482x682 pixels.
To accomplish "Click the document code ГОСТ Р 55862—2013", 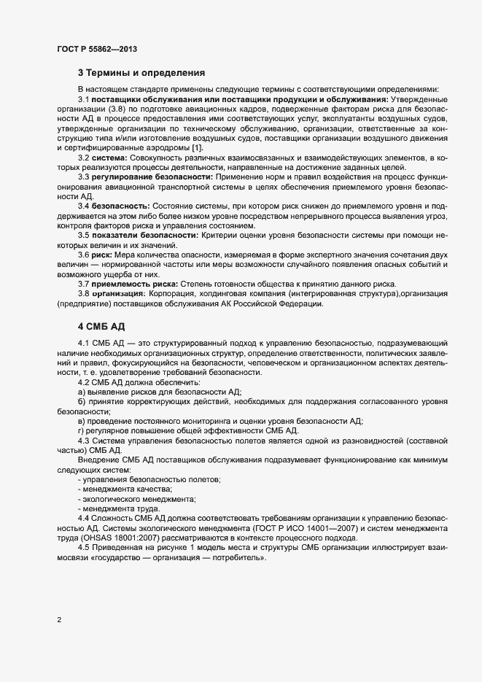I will tap(96, 49).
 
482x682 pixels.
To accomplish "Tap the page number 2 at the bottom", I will tap(59, 621).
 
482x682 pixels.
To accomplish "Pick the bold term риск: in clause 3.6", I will tap(103, 274).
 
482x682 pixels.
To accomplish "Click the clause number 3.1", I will tap(84, 99).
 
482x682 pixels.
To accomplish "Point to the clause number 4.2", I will tap(84, 382).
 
